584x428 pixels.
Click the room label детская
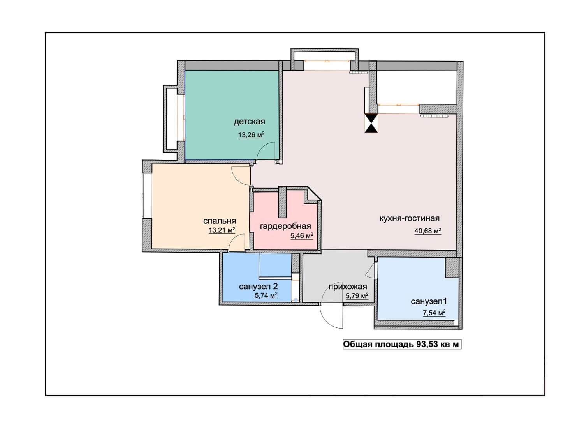coord(249,122)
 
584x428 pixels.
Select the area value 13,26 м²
coord(251,134)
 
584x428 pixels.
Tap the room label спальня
coord(219,221)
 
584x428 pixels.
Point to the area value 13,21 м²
coord(222,230)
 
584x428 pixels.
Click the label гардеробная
coord(285,226)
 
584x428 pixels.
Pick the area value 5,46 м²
coord(302,236)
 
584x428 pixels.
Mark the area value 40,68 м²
coord(427,231)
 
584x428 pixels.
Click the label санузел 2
coord(258,287)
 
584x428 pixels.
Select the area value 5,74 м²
coord(266,295)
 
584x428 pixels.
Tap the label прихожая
coord(348,287)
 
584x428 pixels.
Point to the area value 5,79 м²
coord(357,296)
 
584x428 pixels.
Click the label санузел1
coord(429,301)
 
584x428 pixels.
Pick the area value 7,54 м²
coord(434,313)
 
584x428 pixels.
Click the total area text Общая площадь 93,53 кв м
coord(402,345)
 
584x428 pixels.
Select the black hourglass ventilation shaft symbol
coord(371,123)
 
